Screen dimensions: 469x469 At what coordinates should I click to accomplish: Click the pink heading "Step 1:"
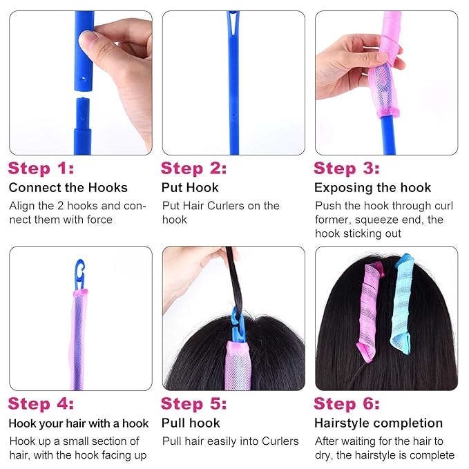[x=41, y=168]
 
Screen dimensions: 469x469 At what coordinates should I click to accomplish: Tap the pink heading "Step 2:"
[x=194, y=168]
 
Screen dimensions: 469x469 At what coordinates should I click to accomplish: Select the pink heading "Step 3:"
[x=347, y=168]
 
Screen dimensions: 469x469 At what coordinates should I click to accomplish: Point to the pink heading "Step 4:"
[x=41, y=403]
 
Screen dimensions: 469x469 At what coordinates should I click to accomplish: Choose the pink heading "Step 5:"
[x=194, y=403]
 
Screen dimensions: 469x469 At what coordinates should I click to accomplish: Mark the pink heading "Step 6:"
[x=347, y=403]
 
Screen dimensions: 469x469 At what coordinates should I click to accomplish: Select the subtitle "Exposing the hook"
[x=372, y=188]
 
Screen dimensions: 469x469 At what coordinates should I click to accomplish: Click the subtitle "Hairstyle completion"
[x=379, y=423]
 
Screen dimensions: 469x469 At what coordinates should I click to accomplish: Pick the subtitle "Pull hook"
[x=191, y=423]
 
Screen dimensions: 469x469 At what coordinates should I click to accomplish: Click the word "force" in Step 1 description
[x=98, y=220]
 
